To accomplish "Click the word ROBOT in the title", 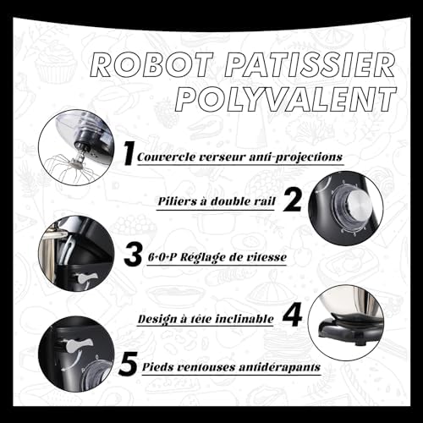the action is (151, 65).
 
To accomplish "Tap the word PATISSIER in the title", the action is (310, 65).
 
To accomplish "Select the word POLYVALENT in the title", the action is (286, 99).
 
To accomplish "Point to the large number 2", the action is (292, 200).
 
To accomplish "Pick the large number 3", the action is (133, 255).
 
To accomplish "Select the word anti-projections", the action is (296, 157).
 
